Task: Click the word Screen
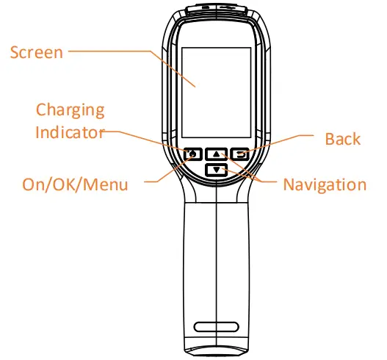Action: pyautogui.click(x=36, y=53)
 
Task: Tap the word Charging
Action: pyautogui.click(x=70, y=111)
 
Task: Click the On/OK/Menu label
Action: pyautogui.click(x=75, y=184)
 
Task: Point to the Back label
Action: pyautogui.click(x=343, y=139)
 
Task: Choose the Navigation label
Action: pyautogui.click(x=325, y=184)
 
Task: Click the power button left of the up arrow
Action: pyautogui.click(x=192, y=154)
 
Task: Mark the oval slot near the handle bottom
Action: pyautogui.click(x=217, y=326)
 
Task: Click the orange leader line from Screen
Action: pyautogui.click(x=117, y=52)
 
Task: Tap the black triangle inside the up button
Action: pyautogui.click(x=217, y=154)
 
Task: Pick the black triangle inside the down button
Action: pyautogui.click(x=216, y=170)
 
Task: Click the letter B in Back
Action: pyautogui.click(x=330, y=139)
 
